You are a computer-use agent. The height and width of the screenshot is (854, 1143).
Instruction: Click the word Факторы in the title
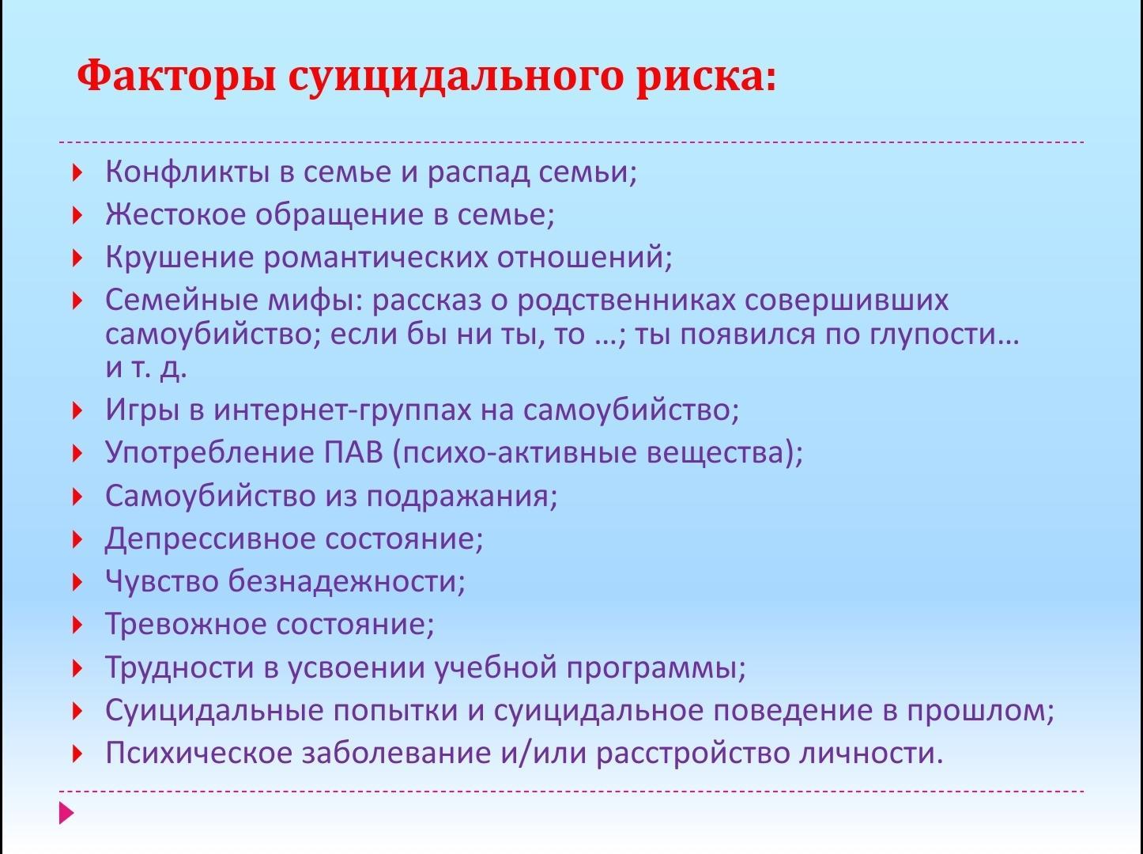(176, 77)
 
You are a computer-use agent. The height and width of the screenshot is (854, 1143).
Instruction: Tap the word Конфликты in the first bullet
(187, 172)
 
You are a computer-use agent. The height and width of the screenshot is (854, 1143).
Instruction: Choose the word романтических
(375, 258)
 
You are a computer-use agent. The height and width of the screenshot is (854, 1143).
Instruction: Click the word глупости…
(944, 334)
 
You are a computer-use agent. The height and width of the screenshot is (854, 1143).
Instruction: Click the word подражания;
(462, 497)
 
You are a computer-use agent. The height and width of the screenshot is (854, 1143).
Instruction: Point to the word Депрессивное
(210, 539)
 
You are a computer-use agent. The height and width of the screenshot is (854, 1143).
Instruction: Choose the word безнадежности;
(346, 581)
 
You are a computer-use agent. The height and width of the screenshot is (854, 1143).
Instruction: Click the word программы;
(656, 667)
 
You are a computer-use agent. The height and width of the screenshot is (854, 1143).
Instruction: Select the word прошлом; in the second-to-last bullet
(980, 711)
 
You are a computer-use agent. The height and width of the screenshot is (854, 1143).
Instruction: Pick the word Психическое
(199, 753)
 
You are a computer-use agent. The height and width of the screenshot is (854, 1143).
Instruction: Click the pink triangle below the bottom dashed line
(66, 813)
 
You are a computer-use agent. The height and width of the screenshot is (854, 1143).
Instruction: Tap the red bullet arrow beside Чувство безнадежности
(77, 582)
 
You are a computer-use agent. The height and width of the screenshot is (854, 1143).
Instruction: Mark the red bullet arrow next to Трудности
(77, 668)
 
